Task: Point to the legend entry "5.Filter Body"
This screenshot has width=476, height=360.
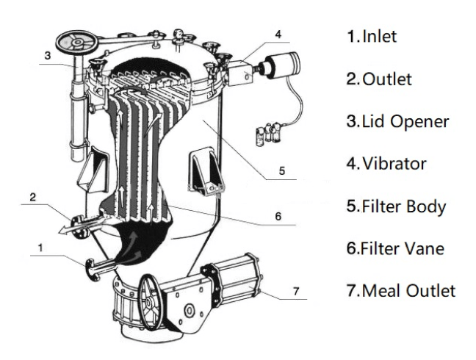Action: point(396,206)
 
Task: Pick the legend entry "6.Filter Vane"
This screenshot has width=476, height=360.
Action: point(396,248)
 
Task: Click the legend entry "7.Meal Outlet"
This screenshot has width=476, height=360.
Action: point(400,290)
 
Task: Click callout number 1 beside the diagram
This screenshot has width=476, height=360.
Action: point(41,248)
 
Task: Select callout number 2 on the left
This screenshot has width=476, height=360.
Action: point(32,197)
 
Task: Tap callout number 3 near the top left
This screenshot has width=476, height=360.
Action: point(47,55)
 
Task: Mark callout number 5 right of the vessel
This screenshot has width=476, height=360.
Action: point(282,171)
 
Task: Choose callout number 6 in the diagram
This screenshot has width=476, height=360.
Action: point(277,217)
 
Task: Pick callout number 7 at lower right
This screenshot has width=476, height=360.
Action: point(295,292)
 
